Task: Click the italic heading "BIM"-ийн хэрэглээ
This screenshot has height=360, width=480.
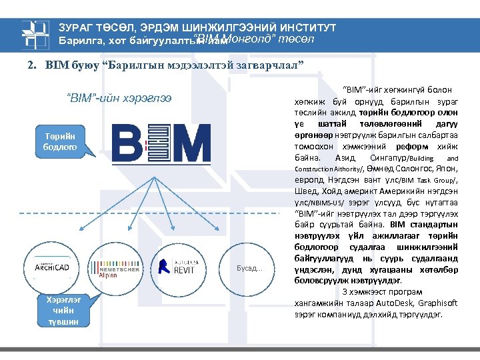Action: (119, 98)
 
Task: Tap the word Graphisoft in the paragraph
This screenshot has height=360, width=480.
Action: (435, 302)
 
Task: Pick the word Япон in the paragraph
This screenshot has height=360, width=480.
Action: (447, 169)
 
